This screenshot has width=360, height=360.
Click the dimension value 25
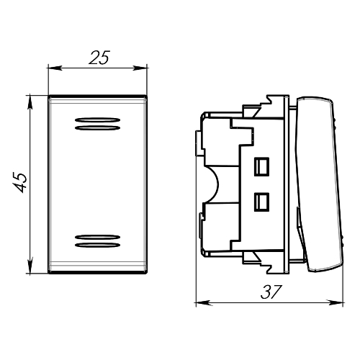(99, 58)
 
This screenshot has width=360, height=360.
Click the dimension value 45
(20, 182)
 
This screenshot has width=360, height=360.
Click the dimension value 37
(271, 292)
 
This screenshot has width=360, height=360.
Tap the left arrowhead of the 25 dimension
(55, 68)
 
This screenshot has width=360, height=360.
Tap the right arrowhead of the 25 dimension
(140, 68)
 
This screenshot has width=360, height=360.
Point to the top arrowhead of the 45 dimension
(30, 102)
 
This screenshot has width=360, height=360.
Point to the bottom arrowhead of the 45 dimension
(30, 266)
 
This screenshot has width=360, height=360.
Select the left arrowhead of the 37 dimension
(204, 302)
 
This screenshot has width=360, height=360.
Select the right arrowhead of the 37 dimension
(336, 302)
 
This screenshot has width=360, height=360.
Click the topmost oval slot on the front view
(97, 120)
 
